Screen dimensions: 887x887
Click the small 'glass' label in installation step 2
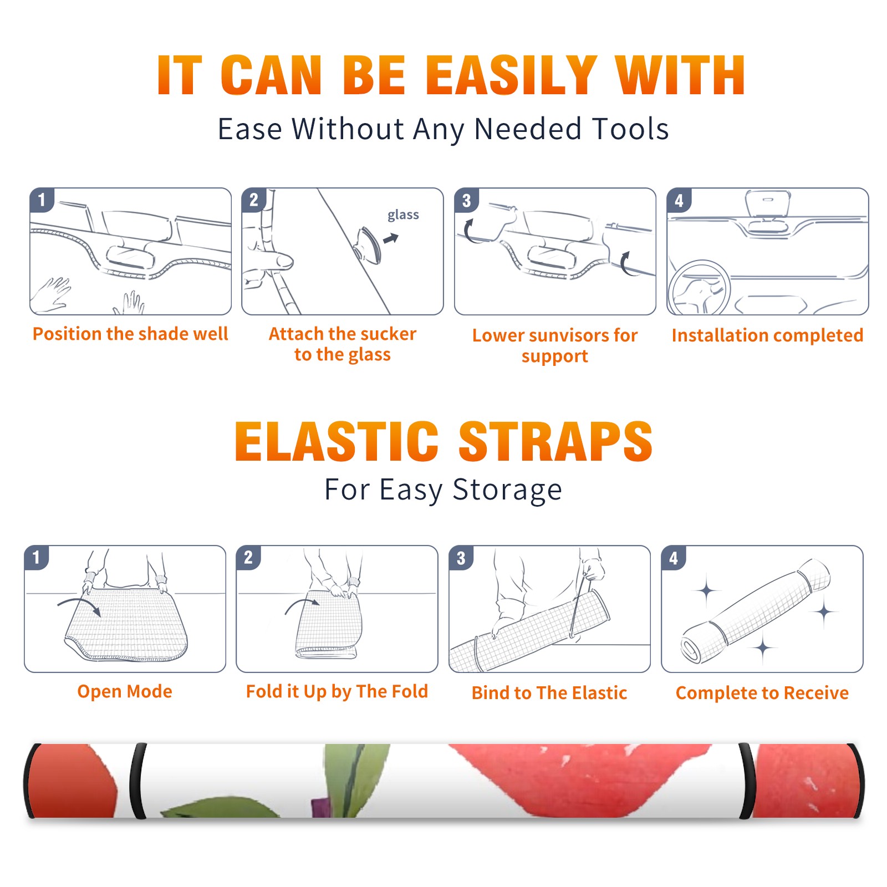pyautogui.click(x=403, y=215)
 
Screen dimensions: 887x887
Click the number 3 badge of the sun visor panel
pyautogui.click(x=466, y=200)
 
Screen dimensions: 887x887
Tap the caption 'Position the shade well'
pyautogui.click(x=130, y=334)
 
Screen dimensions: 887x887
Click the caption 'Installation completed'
pyautogui.click(x=767, y=335)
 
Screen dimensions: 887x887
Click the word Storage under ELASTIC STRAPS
pyautogui.click(x=507, y=490)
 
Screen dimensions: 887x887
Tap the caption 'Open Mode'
pyautogui.click(x=125, y=691)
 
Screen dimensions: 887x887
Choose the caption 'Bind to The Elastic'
pyautogui.click(x=549, y=692)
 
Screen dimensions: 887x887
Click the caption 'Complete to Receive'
pyautogui.click(x=762, y=692)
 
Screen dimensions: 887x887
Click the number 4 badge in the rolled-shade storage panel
pyautogui.click(x=674, y=558)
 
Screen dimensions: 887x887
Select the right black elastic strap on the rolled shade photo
pyautogui.click(x=747, y=781)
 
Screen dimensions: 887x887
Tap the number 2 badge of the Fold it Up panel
pyautogui.click(x=248, y=558)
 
